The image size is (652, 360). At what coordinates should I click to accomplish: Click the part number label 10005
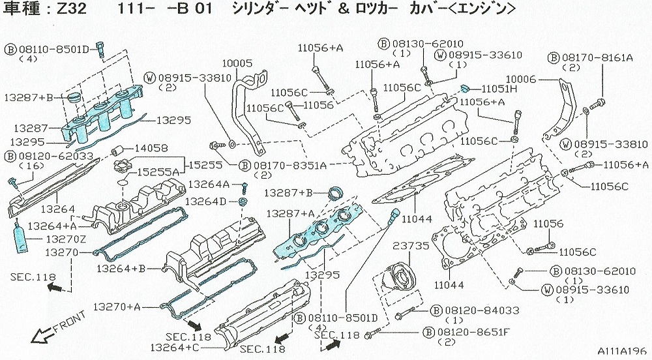(x=237, y=64)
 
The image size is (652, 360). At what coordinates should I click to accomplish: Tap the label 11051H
(x=499, y=88)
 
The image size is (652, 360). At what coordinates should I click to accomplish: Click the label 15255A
(x=160, y=172)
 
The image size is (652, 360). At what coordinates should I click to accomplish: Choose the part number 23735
(x=409, y=246)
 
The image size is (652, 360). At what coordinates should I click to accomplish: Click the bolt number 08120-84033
(x=477, y=311)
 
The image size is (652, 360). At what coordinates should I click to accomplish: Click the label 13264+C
(x=175, y=348)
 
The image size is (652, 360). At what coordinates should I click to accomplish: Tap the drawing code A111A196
(x=621, y=351)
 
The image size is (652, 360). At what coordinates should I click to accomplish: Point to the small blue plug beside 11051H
(x=466, y=87)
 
